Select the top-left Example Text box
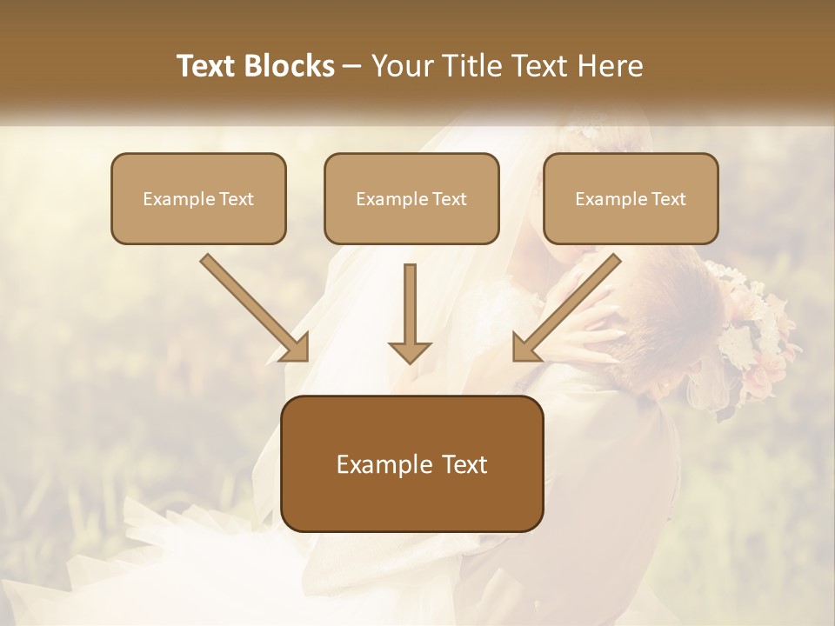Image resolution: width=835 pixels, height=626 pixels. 198,199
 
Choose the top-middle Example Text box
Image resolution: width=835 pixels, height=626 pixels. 411,199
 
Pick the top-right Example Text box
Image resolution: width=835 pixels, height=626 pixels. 631,199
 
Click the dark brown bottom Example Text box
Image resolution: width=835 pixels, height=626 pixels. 411,464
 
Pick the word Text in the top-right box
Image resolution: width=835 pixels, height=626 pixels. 668,199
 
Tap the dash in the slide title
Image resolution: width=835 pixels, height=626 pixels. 352,66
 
